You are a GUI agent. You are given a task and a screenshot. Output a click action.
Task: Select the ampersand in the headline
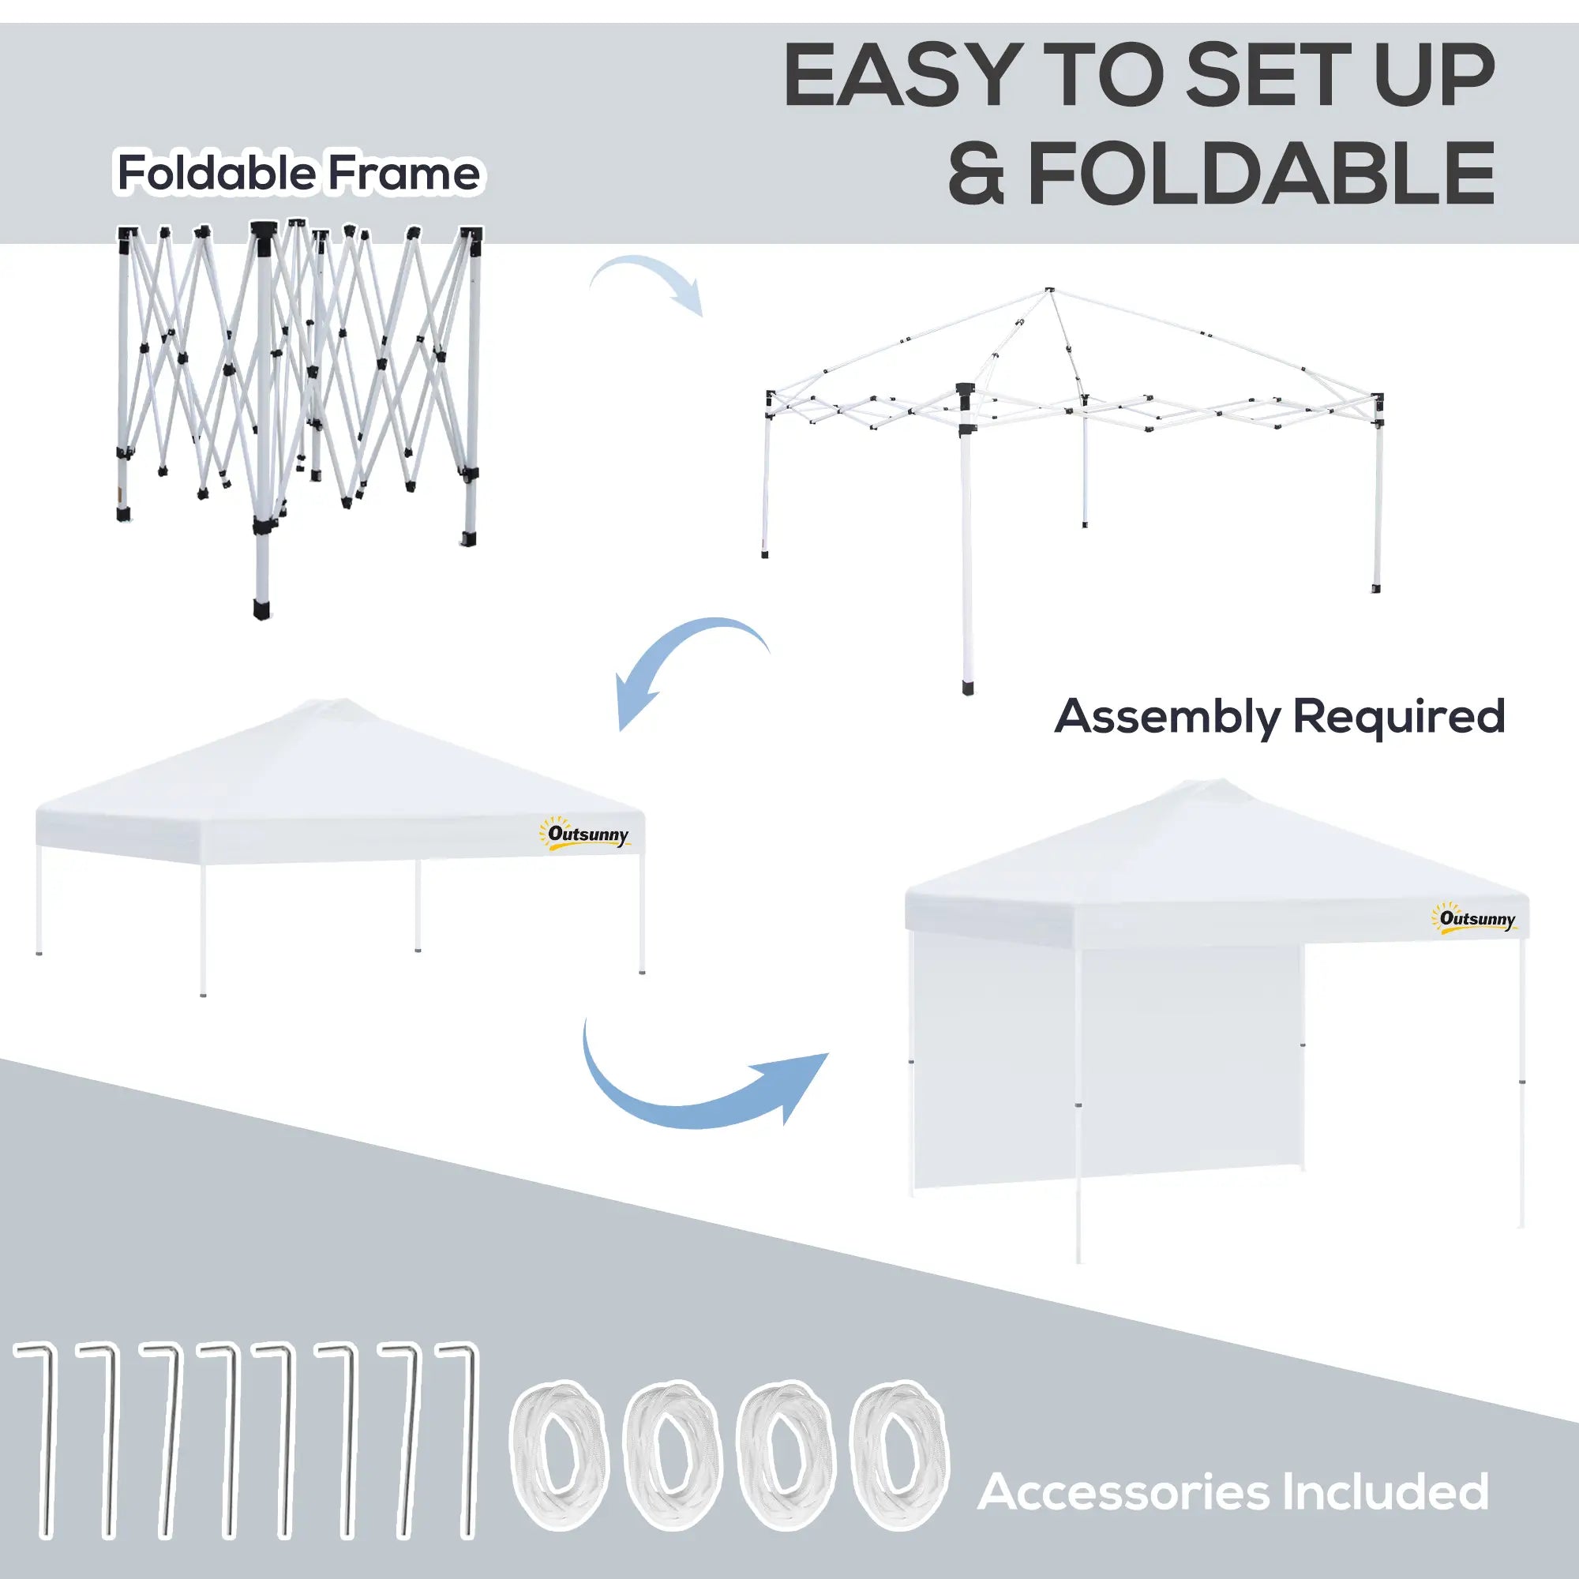[x=977, y=174]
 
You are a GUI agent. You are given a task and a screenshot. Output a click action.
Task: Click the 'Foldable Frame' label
[x=299, y=173]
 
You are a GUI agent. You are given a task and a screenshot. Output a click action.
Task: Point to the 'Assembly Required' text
[x=1279, y=716]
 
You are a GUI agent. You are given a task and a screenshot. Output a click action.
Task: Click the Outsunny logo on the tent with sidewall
[x=1476, y=919]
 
